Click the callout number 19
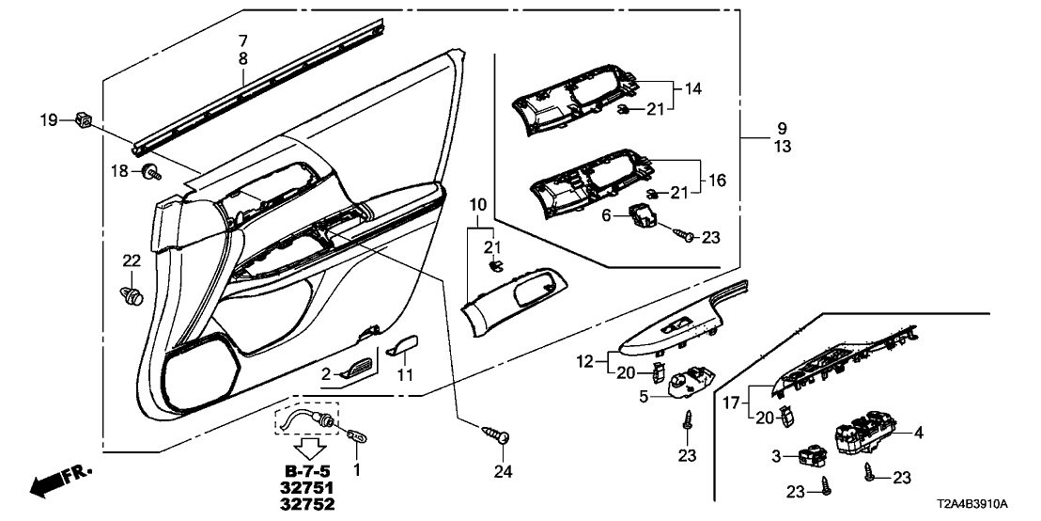[48, 119]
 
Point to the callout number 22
[131, 260]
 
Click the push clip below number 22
[133, 297]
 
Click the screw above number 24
[496, 434]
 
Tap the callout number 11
[406, 375]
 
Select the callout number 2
[326, 374]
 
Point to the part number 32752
[308, 505]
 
